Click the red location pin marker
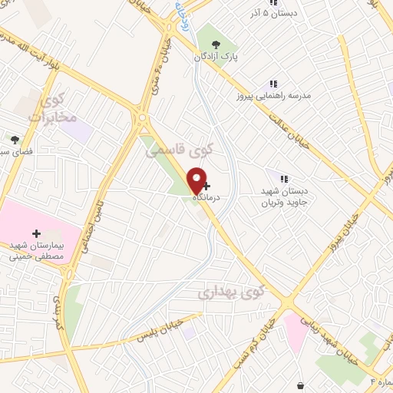(198, 180)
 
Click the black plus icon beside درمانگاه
(206, 185)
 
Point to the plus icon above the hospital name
(36, 233)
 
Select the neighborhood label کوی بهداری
(230, 292)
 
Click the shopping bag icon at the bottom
(299, 384)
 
